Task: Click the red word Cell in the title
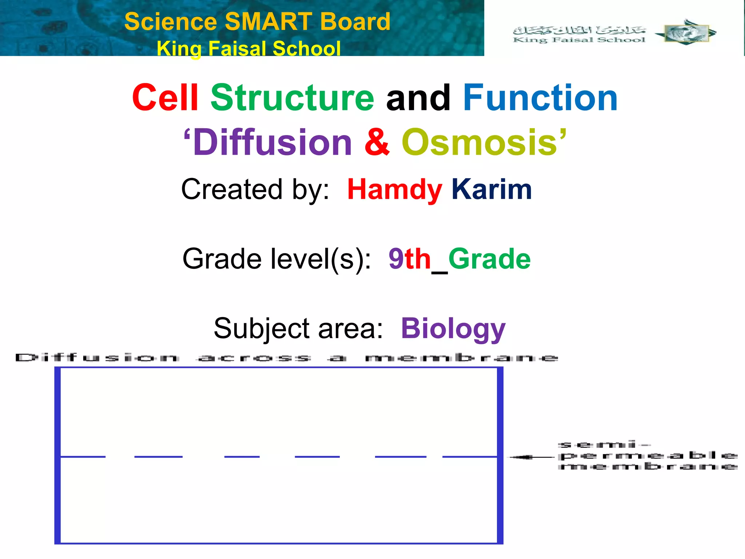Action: [165, 98]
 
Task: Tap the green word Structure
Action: [292, 98]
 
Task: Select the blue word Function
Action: [540, 98]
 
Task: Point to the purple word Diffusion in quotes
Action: [272, 142]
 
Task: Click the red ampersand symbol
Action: [377, 142]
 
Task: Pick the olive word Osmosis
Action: [479, 142]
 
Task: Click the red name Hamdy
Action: [395, 189]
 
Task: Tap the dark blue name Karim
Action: [491, 189]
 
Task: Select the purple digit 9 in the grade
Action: [396, 259]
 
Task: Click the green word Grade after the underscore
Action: [489, 259]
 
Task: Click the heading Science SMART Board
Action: [257, 21]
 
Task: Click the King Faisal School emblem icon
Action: [685, 33]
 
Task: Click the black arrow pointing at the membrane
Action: [531, 457]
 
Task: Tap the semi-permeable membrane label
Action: [648, 456]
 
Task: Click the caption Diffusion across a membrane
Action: [286, 358]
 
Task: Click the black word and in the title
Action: [418, 98]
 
